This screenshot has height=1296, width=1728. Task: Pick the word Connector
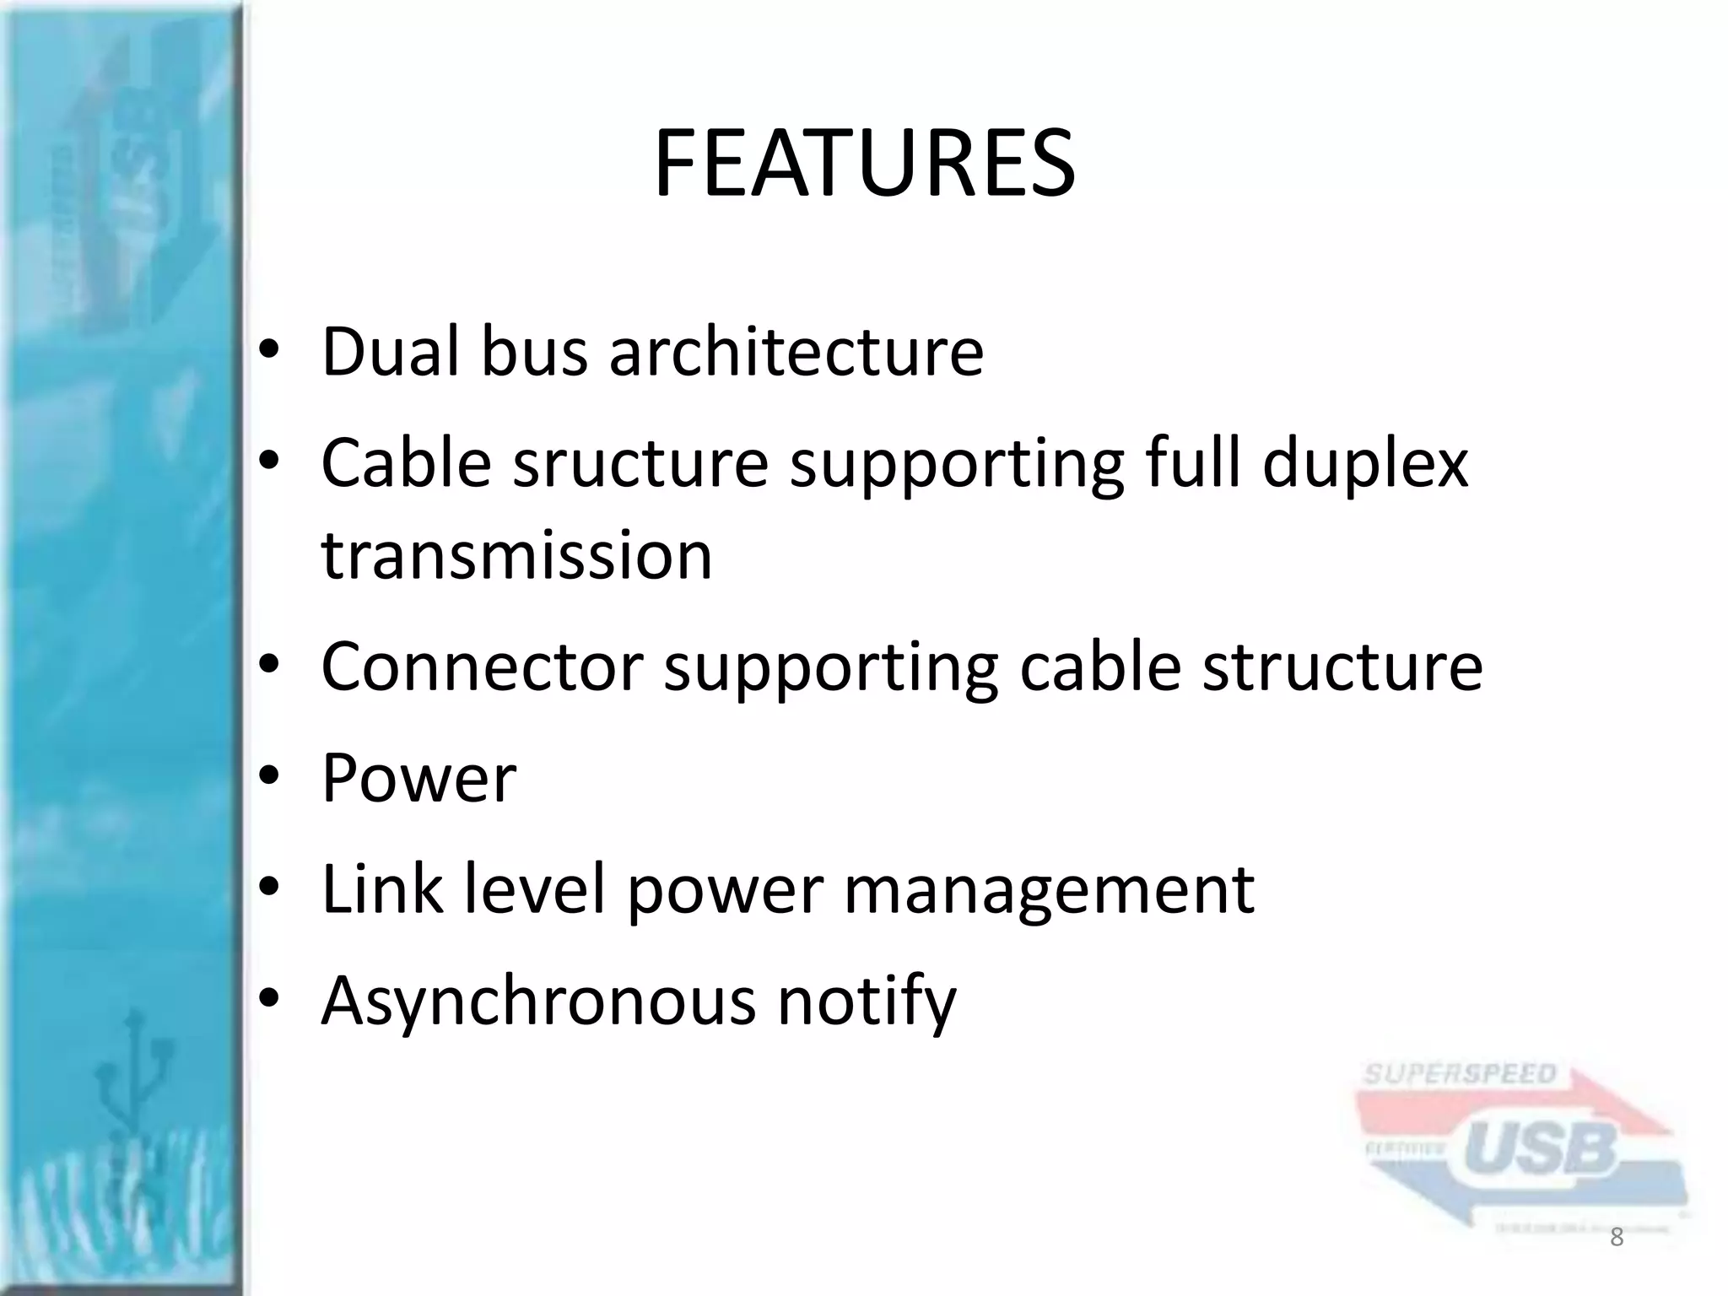(x=482, y=667)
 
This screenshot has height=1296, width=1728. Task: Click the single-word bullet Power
(x=418, y=778)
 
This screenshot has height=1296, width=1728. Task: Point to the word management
(x=1049, y=891)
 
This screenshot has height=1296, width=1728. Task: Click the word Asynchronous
(x=538, y=1002)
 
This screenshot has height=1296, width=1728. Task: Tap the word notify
(x=867, y=1002)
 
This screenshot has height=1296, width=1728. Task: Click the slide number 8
(x=1616, y=1238)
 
